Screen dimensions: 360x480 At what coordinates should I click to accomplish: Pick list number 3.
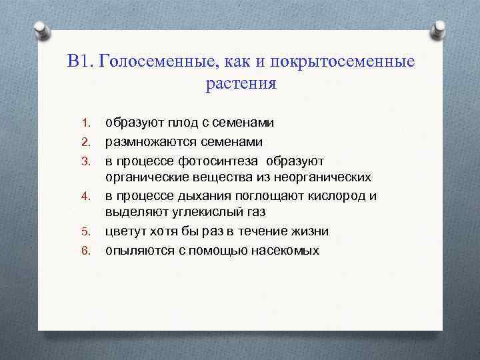tap(85, 162)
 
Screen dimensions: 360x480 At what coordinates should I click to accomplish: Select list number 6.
tap(85, 251)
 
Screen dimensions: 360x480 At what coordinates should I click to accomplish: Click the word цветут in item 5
tap(127, 232)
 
